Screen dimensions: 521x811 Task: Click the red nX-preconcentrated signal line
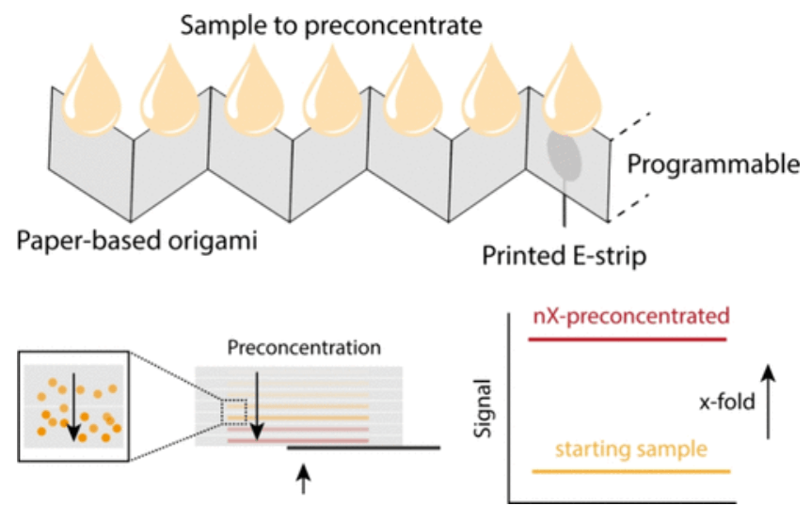click(628, 337)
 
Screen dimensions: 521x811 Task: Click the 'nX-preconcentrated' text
click(628, 315)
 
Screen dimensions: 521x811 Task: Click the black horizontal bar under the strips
click(363, 448)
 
